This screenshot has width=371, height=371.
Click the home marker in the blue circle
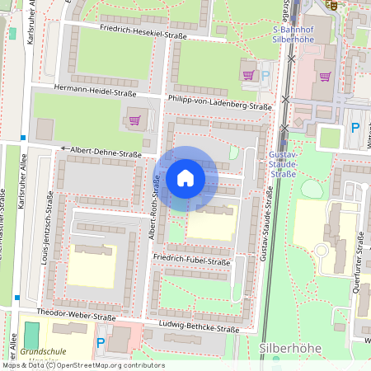[185, 178]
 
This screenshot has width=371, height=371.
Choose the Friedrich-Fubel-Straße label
[191, 261]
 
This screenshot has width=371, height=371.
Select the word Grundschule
[43, 351]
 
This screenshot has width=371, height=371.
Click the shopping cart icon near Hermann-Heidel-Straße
[134, 120]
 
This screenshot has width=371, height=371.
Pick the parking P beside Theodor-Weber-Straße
[101, 341]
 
